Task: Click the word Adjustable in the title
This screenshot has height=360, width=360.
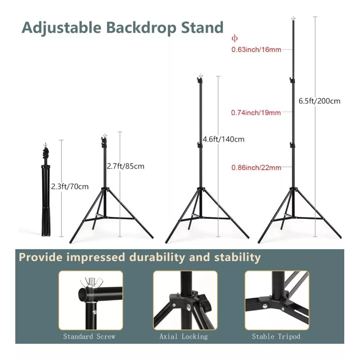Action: (x=62, y=28)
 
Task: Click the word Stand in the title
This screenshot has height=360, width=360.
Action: (x=202, y=27)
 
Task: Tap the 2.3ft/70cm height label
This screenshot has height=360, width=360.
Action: (x=70, y=186)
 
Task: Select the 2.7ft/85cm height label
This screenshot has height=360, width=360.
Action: (x=126, y=166)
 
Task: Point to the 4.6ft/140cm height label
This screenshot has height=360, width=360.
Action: (x=223, y=139)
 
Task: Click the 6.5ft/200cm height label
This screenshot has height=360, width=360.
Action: (x=319, y=101)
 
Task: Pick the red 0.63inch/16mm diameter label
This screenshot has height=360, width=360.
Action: (x=256, y=49)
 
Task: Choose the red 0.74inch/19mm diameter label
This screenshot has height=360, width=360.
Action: (x=256, y=112)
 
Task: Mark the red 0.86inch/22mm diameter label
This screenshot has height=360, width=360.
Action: (x=256, y=167)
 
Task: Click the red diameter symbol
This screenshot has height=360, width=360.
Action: (x=234, y=38)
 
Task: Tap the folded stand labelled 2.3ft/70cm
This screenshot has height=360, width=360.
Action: (x=46, y=190)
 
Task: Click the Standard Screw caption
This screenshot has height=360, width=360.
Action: (x=89, y=336)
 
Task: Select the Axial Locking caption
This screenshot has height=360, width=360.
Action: (x=184, y=336)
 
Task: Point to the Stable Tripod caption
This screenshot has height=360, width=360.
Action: (x=276, y=336)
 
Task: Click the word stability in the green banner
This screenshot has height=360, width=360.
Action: (x=238, y=257)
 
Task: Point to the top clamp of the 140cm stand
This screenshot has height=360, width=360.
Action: (x=200, y=80)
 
